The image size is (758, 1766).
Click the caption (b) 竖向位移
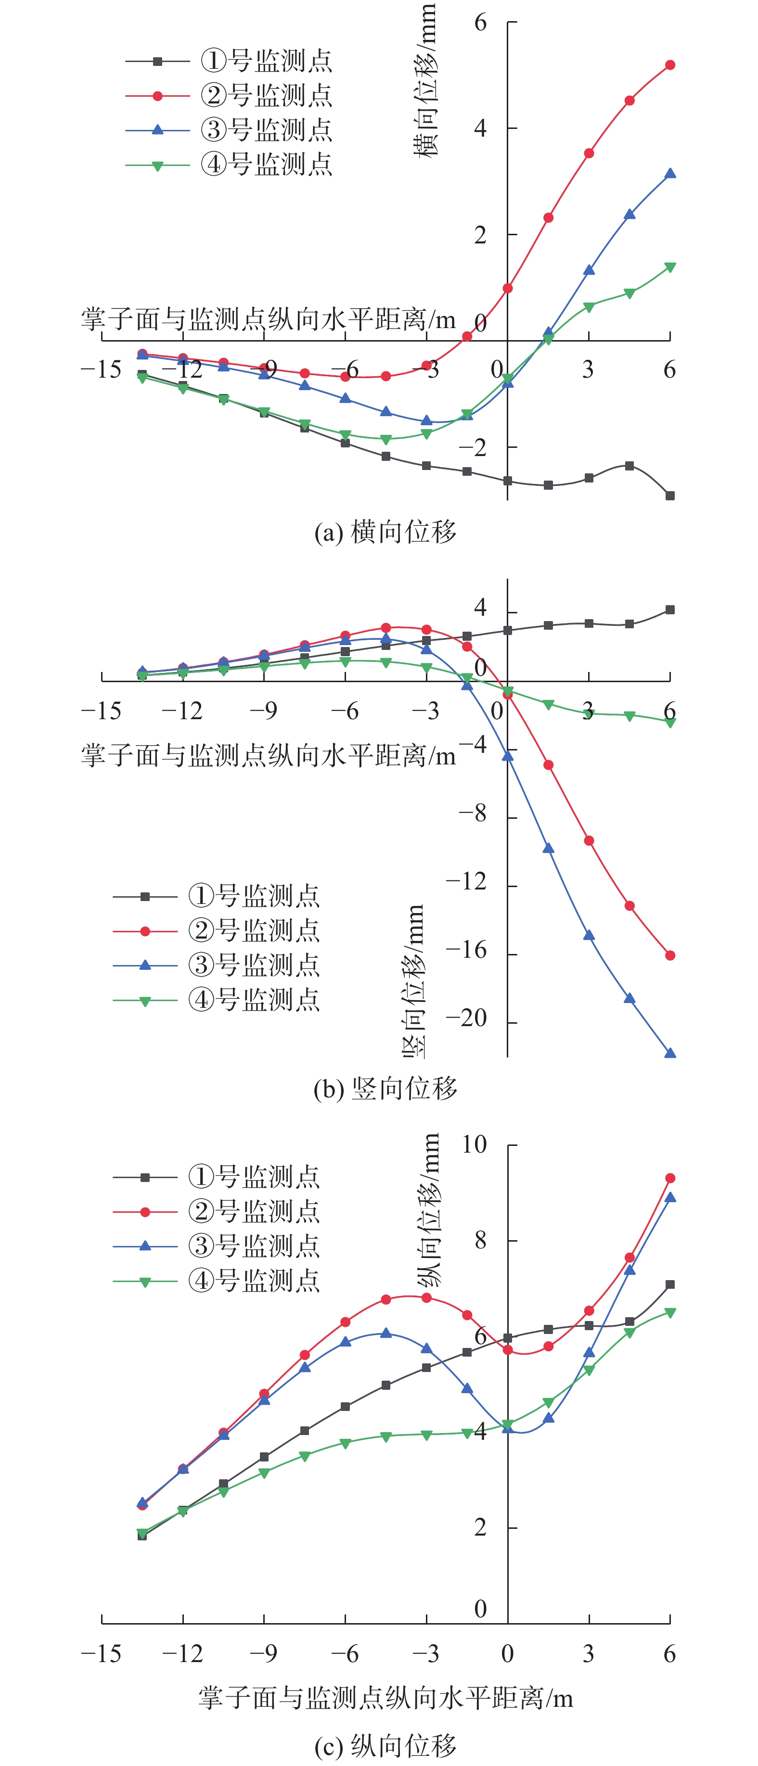[385, 1088]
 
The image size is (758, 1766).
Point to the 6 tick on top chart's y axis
[480, 23]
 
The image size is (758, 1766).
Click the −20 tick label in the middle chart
[466, 1019]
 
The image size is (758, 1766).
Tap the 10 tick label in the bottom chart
[474, 1144]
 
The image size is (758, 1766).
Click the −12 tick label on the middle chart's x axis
[182, 711]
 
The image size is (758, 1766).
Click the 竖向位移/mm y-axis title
[413, 980]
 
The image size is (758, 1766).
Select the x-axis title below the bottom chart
[385, 1698]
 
